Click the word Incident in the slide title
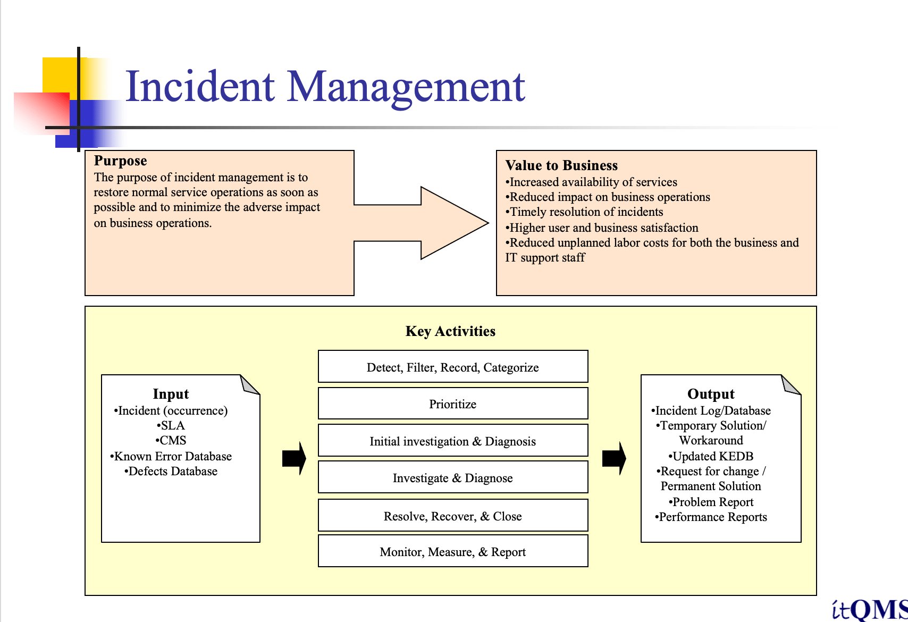point(200,86)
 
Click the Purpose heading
point(120,161)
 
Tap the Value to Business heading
point(561,165)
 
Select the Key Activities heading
point(450,331)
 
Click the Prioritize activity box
point(453,404)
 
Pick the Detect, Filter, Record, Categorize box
point(453,367)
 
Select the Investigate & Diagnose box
point(453,478)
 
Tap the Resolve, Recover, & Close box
point(453,516)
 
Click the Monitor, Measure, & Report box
point(453,552)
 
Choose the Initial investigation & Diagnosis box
point(453,441)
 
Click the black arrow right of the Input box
point(294,458)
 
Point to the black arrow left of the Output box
point(614,458)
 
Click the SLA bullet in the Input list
point(171,425)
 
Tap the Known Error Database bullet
point(171,456)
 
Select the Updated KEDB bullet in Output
point(711,456)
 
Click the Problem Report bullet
point(711,502)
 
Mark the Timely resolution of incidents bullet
point(585,212)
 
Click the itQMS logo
point(870,609)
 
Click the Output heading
point(711,394)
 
